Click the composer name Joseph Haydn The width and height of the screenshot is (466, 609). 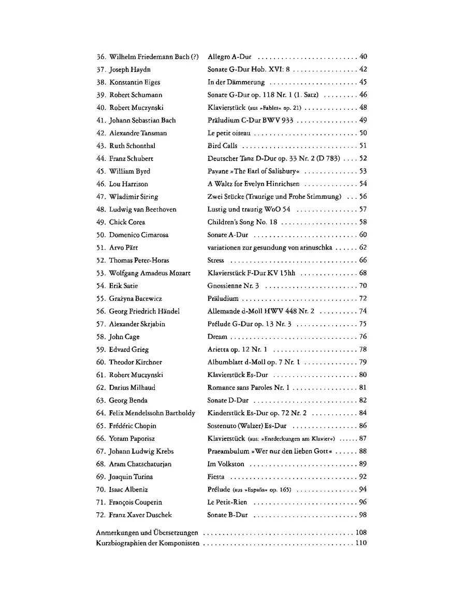[x=129, y=69]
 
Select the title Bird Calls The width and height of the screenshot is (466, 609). [x=222, y=146]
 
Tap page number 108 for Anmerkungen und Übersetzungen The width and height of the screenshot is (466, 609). [x=361, y=532]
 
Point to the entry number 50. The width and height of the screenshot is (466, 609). [x=101, y=235]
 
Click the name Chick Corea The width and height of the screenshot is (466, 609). [x=127, y=222]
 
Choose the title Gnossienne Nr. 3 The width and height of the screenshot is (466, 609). [x=233, y=286]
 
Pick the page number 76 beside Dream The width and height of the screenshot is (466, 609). [x=363, y=337]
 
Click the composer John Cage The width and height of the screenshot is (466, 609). [x=124, y=337]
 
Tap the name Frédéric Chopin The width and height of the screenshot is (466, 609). [x=133, y=426]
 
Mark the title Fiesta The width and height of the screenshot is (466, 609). [x=216, y=477]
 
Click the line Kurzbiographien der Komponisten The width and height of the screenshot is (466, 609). [x=148, y=543]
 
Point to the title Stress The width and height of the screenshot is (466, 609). [x=216, y=260]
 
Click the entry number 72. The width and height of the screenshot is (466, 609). [x=101, y=515]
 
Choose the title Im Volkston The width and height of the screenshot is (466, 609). [x=226, y=465]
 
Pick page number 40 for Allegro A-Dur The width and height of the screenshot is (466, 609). [x=363, y=56]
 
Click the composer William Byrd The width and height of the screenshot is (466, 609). [x=129, y=171]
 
